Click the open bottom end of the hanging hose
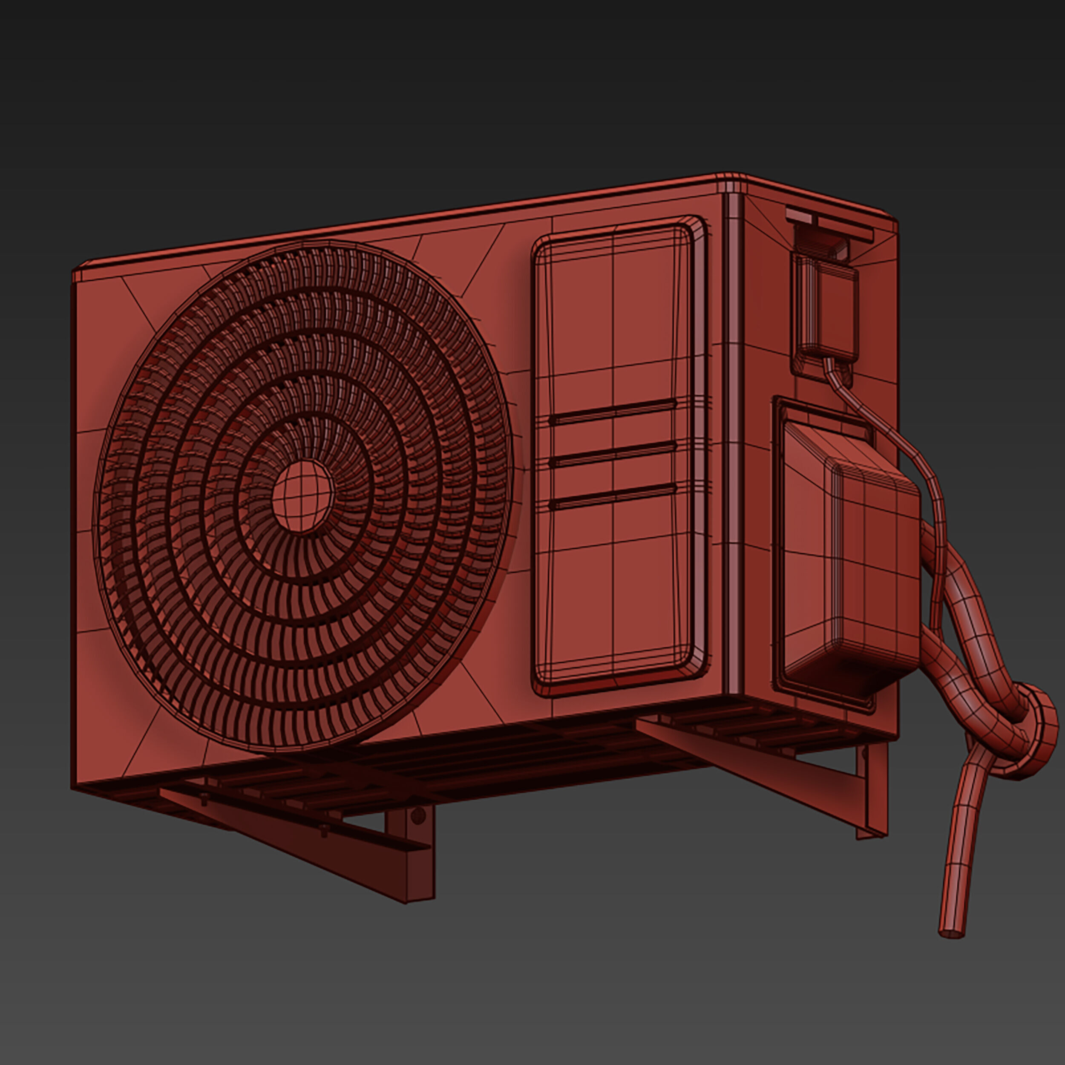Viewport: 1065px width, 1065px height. point(952,933)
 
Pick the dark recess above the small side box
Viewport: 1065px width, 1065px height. point(824,245)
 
